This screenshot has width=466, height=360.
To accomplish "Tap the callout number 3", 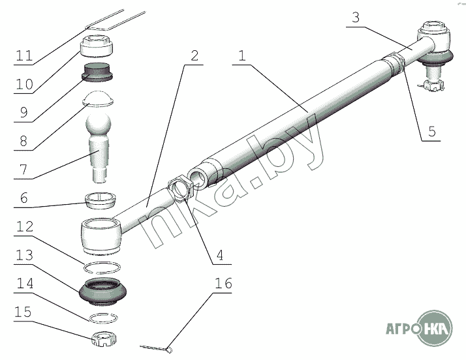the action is point(356,18).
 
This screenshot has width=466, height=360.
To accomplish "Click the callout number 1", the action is point(241,57).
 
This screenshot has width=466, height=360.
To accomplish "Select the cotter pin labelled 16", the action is point(157,347).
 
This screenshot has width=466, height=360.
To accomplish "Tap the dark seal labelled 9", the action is point(98,72).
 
